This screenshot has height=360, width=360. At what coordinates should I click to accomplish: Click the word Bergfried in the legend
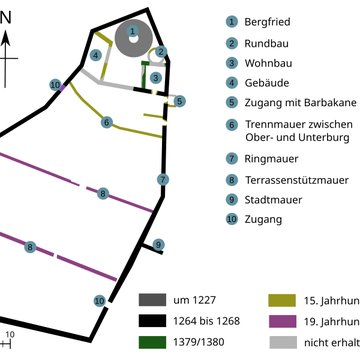coord(272,21)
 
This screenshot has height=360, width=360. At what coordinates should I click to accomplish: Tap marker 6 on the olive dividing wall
coord(106,122)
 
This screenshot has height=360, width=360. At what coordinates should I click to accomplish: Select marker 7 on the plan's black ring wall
coord(162,179)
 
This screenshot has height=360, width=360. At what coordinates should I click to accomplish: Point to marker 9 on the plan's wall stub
coord(159,244)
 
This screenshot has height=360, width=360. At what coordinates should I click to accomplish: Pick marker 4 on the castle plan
coord(95,54)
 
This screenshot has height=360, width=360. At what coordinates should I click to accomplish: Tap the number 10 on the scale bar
coord(10,334)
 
